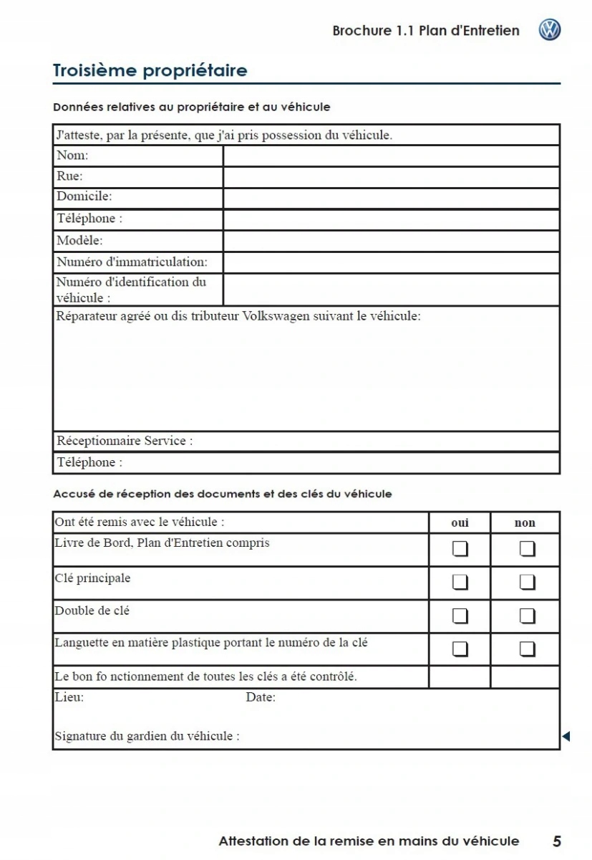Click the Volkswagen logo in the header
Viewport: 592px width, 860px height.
click(550, 30)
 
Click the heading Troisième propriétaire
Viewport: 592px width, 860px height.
click(150, 70)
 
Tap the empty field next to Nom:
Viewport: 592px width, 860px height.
click(391, 156)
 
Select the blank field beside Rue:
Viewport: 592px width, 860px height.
click(391, 177)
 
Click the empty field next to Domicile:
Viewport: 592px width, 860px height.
click(391, 198)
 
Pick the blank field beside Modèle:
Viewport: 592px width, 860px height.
click(391, 241)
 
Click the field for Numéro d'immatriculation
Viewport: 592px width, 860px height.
click(391, 262)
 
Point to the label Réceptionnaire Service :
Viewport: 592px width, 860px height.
click(125, 441)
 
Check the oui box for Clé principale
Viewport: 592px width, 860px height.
click(460, 582)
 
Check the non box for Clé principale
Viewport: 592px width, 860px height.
click(527, 582)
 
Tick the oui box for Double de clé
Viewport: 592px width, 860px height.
click(460, 616)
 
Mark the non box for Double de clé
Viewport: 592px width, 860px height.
click(527, 616)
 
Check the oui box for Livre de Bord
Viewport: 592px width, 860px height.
click(460, 549)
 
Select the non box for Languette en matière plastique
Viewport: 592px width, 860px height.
click(527, 649)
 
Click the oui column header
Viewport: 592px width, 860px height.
click(460, 522)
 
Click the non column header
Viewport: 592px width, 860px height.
click(525, 522)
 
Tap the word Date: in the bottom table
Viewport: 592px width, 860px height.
click(261, 697)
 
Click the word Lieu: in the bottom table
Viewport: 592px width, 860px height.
click(69, 697)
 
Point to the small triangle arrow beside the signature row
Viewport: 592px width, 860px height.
click(566, 736)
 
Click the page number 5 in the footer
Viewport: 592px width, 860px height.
click(556, 841)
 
